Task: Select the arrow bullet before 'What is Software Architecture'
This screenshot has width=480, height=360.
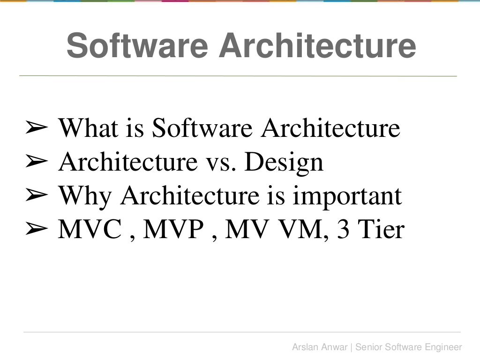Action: (x=36, y=128)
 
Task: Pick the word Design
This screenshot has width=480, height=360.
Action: (x=284, y=162)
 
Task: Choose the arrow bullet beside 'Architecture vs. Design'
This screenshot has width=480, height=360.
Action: (x=36, y=162)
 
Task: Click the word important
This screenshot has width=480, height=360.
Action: (x=347, y=196)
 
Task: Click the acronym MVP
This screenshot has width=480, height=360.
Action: (x=172, y=230)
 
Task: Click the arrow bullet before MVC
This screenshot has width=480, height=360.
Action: (x=36, y=230)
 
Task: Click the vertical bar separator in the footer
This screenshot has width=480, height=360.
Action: (x=352, y=347)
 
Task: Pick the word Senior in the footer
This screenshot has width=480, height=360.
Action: (x=368, y=347)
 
